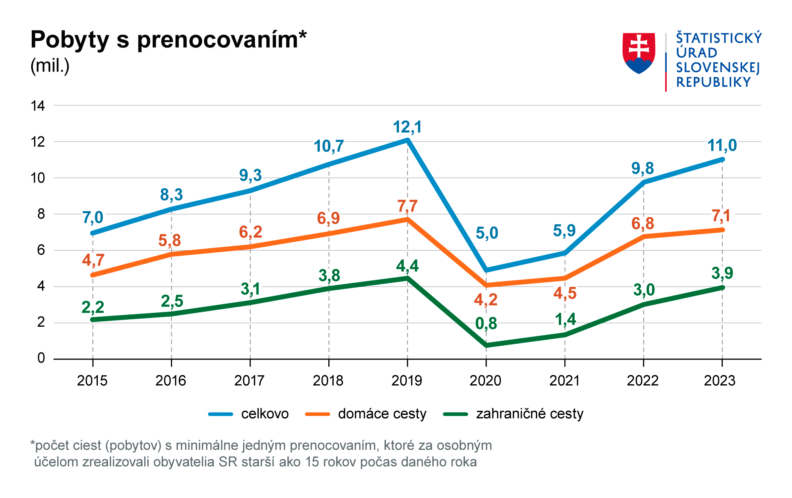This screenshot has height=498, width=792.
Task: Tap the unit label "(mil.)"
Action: [50, 66]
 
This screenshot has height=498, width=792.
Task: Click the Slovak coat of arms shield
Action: [638, 53]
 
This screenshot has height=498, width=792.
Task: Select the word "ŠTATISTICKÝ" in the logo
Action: [719, 38]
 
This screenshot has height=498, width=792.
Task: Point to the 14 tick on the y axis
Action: [38, 106]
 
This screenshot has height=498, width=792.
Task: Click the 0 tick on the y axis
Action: [41, 358]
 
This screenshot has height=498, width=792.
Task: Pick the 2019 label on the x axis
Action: [406, 381]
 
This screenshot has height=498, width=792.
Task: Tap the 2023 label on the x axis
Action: [719, 381]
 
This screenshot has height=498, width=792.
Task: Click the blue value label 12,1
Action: [407, 127]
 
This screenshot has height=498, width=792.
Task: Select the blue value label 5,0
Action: [486, 233]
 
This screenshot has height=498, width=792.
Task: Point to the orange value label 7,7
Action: [408, 206]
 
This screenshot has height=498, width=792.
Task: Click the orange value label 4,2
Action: [486, 300]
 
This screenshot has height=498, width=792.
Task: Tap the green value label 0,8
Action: [486, 324]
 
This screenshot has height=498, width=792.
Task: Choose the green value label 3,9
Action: [722, 273]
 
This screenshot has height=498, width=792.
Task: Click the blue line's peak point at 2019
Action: [408, 140]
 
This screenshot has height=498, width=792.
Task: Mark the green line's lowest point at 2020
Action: [486, 345]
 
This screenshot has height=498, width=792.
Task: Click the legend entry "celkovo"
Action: [265, 414]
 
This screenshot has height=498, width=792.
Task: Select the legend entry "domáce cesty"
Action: [382, 414]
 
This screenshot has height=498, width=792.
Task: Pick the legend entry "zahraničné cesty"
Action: [529, 414]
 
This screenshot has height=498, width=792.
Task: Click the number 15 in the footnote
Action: [312, 462]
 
